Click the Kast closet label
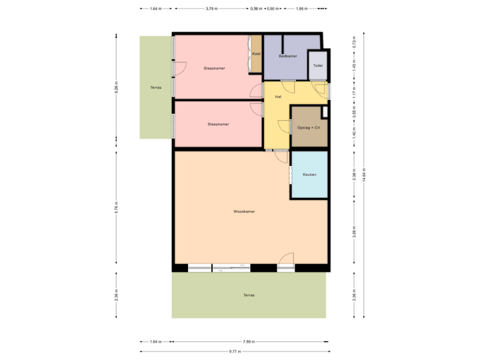tap(256, 54)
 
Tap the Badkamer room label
tap(287, 57)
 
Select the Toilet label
tap(318, 66)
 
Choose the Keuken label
tap(309, 174)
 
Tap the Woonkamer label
tap(244, 211)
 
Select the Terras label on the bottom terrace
tap(249, 295)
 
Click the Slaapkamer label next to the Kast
tap(214, 68)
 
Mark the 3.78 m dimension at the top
tap(212, 9)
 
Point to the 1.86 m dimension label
tap(301, 9)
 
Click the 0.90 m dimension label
tap(273, 9)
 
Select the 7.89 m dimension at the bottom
tap(249, 341)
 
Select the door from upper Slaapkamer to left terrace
tap(179, 67)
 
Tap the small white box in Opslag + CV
tap(325, 112)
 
